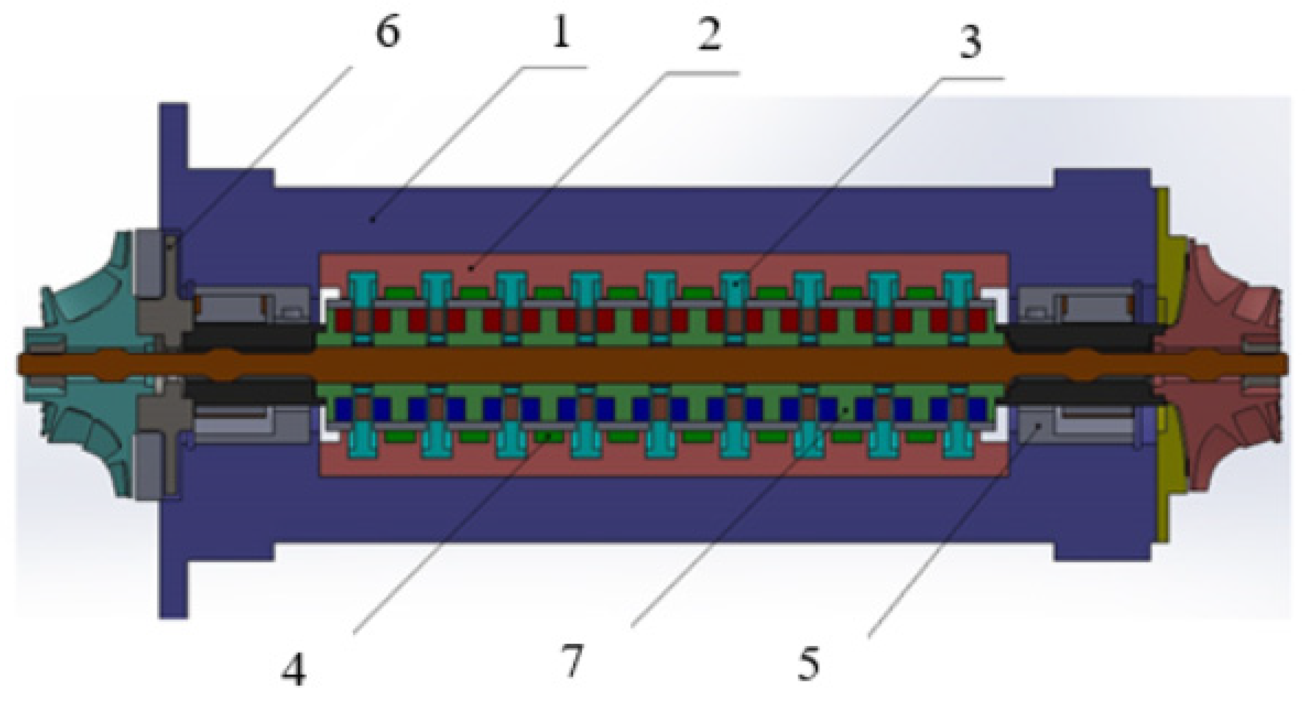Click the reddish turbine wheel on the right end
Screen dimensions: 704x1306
click(x=1227, y=299)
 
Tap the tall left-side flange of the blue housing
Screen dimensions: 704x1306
click(x=173, y=152)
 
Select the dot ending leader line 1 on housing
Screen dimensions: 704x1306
click(x=373, y=219)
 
